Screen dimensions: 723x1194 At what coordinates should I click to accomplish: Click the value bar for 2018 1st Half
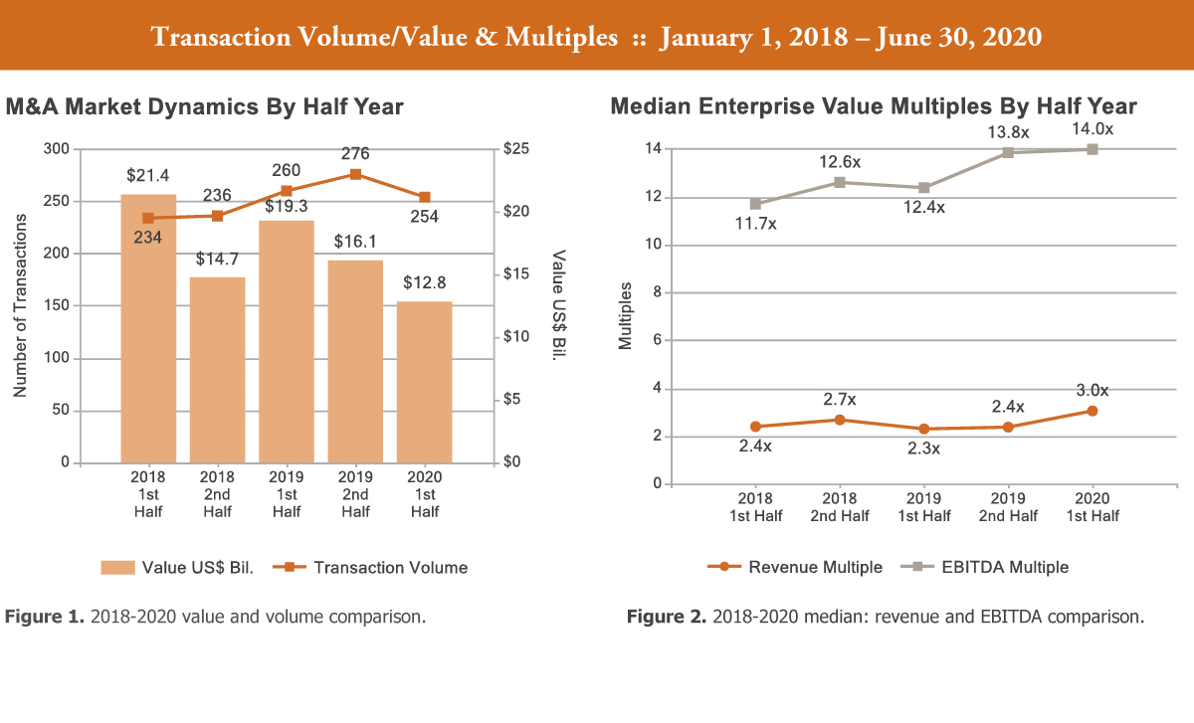148,328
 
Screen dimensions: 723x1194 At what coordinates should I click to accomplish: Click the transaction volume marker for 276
355,174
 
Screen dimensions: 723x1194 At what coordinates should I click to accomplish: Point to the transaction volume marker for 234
148,218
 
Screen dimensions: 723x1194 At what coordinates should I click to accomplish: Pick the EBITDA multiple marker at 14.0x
1092,149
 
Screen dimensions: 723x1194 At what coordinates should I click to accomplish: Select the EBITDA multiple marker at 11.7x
755,204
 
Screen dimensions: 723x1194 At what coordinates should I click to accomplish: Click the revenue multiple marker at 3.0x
1092,411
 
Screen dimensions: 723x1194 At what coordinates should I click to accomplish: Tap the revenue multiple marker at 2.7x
840,420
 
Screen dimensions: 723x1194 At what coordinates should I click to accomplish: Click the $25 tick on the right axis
519,149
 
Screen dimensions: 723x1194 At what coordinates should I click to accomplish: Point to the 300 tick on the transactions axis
57,149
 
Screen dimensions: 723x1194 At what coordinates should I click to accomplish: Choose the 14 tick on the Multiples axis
655,149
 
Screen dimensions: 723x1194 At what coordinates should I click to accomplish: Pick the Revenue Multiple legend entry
815,567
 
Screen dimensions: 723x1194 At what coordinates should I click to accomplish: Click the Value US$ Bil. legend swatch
116,568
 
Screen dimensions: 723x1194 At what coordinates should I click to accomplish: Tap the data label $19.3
287,207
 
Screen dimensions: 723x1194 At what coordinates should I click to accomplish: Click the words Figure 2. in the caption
666,618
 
